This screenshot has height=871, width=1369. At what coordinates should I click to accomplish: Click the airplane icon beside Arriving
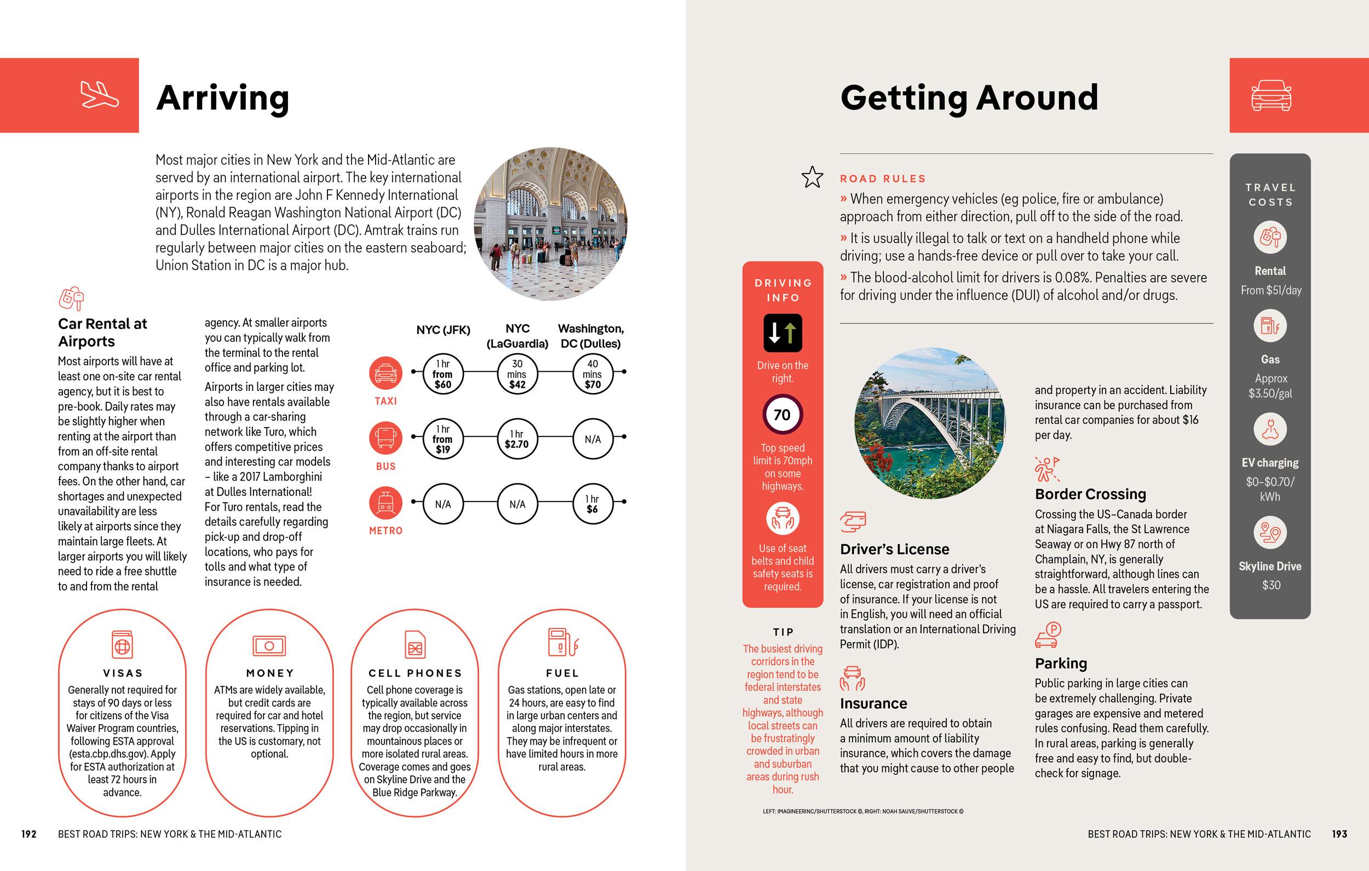100,95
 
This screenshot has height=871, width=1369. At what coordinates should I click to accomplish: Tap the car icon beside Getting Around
1270,95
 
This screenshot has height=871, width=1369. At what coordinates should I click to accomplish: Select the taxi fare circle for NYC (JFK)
443,374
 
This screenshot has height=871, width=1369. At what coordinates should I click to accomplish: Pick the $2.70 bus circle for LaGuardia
517,439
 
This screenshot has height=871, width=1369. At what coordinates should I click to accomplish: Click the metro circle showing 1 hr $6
592,504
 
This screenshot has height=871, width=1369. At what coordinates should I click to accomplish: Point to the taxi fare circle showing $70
592,374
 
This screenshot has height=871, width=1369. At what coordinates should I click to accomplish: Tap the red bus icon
386,438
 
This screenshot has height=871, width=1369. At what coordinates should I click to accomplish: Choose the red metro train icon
386,503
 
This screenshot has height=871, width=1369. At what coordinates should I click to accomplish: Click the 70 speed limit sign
783,415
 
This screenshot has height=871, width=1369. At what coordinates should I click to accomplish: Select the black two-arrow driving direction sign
783,333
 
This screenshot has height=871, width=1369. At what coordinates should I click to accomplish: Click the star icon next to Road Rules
812,177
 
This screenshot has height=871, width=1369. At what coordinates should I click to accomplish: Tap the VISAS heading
123,673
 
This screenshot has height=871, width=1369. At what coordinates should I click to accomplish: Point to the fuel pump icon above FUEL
562,643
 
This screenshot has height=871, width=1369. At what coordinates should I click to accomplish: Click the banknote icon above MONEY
269,646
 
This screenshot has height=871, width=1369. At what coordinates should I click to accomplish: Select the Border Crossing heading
1090,494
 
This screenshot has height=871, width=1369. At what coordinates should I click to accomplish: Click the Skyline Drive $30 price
1270,585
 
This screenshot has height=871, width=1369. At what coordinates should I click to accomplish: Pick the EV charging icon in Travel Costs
1270,430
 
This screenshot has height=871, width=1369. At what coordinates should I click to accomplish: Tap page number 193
1339,834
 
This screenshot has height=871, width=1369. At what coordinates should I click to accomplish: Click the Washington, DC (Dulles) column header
591,336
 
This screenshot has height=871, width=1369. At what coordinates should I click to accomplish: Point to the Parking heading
1061,664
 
